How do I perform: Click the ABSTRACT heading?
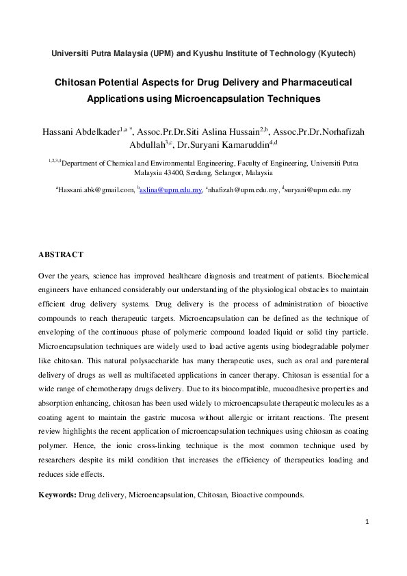(61, 254)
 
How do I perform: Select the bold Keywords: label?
(57, 494)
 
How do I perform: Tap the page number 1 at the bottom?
(367, 523)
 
